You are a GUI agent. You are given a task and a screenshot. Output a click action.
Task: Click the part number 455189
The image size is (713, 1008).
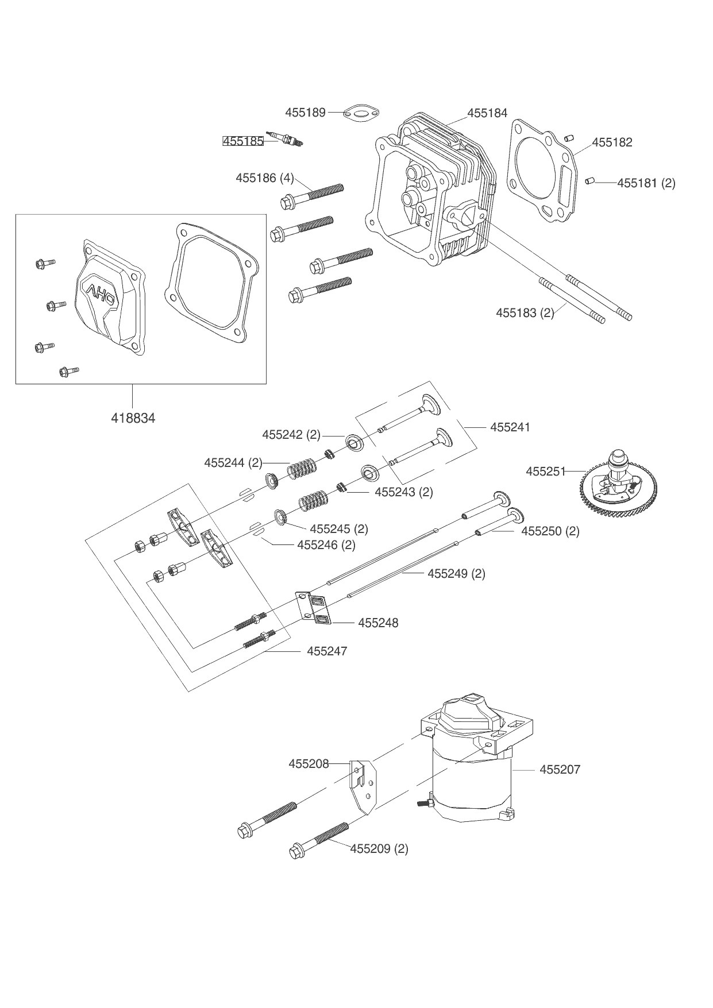305,113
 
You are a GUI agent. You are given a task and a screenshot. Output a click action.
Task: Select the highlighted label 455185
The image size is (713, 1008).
243,141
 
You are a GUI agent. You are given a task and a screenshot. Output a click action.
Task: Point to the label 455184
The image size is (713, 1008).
487,113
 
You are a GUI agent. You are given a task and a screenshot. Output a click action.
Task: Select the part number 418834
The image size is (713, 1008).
133,418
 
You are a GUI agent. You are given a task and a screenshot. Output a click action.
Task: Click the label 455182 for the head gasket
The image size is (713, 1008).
612,142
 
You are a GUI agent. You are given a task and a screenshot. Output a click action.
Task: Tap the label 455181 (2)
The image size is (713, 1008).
646,183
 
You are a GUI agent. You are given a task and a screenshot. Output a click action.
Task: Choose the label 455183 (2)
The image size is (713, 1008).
525,313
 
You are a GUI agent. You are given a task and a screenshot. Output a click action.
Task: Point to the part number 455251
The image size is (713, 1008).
546,472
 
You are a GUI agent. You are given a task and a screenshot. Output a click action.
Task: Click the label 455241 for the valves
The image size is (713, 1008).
510,427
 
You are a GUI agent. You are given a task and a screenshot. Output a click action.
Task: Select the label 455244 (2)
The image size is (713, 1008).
233,462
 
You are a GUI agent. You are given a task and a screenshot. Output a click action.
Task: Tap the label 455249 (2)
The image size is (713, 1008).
456,574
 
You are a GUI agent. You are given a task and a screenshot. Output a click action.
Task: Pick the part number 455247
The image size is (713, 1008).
327,651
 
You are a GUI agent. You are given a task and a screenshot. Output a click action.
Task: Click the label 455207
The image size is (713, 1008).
560,769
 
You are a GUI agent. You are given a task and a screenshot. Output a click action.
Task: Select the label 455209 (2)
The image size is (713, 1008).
379,848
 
